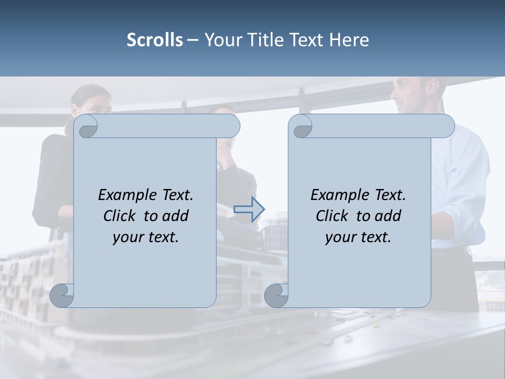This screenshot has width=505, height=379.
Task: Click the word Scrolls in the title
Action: [x=155, y=40]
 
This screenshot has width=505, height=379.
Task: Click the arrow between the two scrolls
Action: [x=249, y=209]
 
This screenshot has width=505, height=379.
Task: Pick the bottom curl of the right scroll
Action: [x=276, y=295]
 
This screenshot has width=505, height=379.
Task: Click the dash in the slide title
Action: [x=193, y=40]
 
